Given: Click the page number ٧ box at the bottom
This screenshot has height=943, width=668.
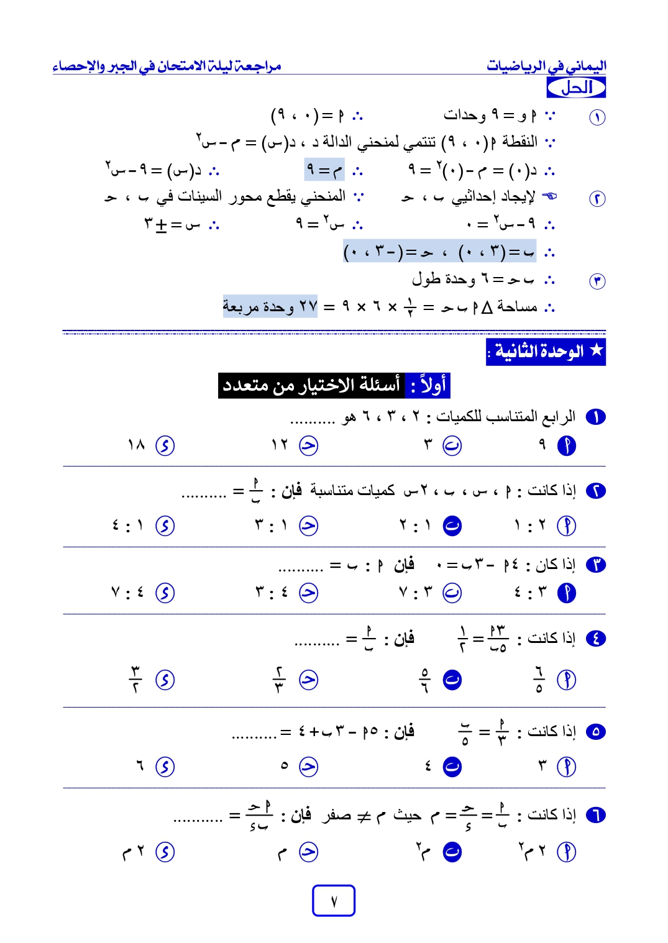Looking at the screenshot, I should tap(333, 900).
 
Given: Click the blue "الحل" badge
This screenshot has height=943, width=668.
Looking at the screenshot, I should tap(576, 88).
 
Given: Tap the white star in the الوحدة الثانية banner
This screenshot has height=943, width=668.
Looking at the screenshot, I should tap(597, 350).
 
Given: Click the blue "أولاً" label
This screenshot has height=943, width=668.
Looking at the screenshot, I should tap(428, 386).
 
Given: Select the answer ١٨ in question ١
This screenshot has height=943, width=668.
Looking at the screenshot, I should tap(136, 445).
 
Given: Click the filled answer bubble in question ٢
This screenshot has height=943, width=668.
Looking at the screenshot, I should tap(452, 526).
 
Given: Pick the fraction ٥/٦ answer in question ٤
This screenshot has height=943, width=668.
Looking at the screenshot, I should tap(425, 680).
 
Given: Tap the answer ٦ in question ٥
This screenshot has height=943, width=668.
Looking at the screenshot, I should tap(140, 766).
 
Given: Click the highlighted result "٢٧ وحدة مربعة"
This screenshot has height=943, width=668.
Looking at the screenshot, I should tap(270, 306).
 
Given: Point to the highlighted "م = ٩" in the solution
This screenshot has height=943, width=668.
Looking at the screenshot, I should tap(324, 170).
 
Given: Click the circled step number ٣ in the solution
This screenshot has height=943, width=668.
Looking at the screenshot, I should tap(597, 281).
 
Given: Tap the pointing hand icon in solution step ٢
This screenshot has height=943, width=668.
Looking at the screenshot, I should tap(549, 196).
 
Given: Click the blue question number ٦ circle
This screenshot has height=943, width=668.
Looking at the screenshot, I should tap(595, 814).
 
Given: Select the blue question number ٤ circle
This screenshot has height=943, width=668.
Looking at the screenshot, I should tap(595, 638).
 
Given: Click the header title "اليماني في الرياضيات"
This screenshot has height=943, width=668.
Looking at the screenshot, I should tap(546, 66).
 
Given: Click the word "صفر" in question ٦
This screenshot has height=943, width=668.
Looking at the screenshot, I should tap(336, 815).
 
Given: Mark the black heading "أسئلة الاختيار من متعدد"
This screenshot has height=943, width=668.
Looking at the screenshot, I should tap(311, 386).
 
